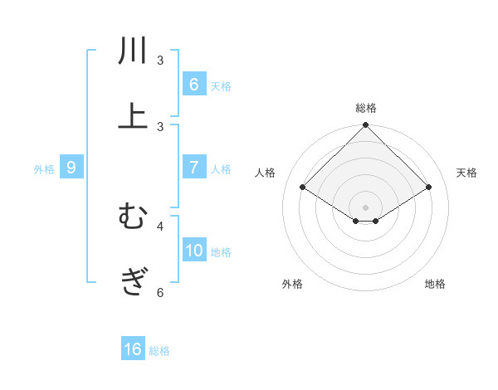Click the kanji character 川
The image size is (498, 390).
[133, 51]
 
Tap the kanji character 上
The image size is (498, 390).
[133, 115]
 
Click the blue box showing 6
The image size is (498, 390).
[193, 84]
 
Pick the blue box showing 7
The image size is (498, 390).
[193, 167]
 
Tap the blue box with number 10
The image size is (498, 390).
[194, 250]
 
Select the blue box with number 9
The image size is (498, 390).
[71, 167]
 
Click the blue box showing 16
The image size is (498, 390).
[133, 349]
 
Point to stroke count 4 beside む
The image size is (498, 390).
[160, 225]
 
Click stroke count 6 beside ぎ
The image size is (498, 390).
[160, 292]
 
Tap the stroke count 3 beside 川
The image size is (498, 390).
[160, 61]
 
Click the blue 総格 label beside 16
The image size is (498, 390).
[159, 351]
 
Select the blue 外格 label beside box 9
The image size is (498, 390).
[44, 168]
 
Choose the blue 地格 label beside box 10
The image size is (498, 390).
[221, 251]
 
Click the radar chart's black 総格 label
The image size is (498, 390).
[365, 108]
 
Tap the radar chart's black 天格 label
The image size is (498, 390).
[467, 173]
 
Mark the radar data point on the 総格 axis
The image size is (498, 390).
[365, 125]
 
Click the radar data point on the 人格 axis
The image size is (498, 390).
[303, 188]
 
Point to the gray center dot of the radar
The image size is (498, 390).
[365, 207]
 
